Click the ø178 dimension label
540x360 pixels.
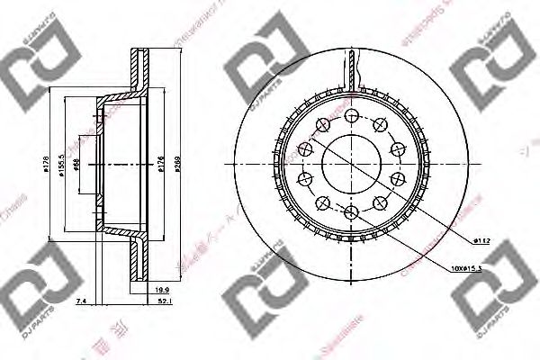(x=48, y=165)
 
